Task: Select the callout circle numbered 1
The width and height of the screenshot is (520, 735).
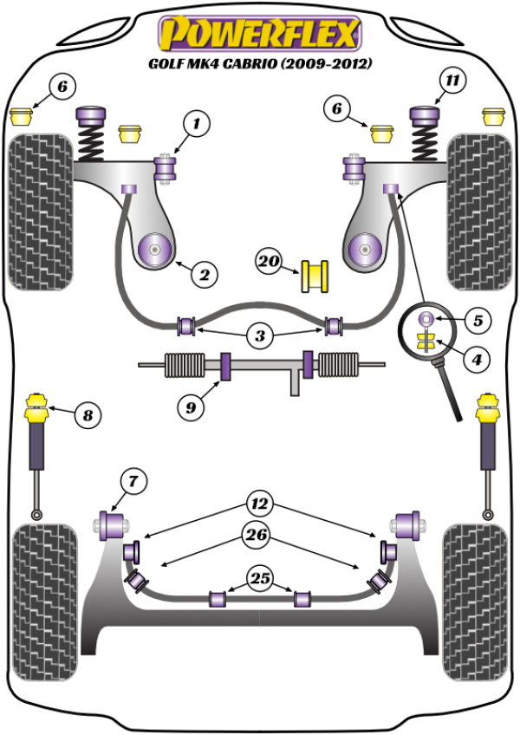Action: click(196, 125)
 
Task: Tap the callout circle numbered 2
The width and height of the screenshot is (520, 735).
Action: click(204, 276)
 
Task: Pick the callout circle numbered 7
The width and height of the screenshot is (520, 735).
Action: click(133, 480)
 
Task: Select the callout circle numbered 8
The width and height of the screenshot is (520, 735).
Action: click(86, 416)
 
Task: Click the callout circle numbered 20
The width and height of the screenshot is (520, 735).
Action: click(270, 258)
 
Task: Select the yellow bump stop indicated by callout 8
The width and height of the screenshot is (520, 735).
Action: click(38, 407)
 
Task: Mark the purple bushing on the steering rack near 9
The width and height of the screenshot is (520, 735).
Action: click(226, 365)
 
